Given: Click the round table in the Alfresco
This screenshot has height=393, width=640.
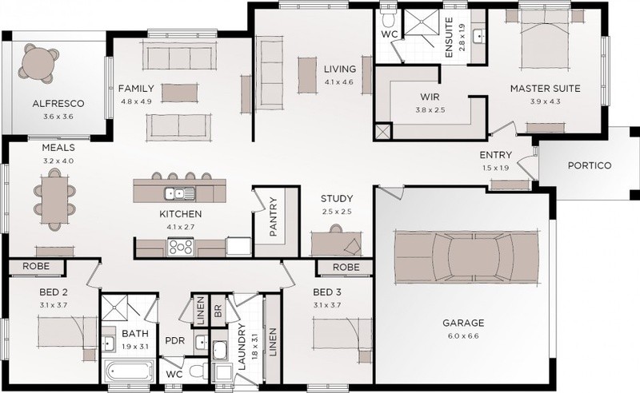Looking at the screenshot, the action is click(38, 63).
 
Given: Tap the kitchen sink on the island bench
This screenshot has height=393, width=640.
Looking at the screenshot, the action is click(180, 193).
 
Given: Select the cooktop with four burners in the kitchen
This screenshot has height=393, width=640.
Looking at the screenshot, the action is click(181, 247).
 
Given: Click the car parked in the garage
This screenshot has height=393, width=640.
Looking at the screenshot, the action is click(466, 257).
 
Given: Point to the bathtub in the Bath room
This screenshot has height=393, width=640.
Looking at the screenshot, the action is click(128, 371).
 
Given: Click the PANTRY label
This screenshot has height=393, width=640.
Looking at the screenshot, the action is click(273, 216).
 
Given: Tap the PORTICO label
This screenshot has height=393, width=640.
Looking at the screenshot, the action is click(590, 165).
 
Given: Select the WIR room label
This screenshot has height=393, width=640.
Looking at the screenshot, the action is click(430, 97).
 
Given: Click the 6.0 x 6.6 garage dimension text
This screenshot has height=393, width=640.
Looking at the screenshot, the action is click(463, 336).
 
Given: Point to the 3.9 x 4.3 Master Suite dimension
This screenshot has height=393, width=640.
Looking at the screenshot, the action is click(545, 101).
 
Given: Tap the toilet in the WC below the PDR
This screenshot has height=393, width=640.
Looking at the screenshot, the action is click(198, 371).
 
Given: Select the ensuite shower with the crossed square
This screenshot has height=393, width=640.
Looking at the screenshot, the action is click(422, 22).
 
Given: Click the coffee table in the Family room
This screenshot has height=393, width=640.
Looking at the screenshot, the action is click(179, 93).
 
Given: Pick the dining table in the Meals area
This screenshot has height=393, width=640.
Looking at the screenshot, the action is click(54, 200).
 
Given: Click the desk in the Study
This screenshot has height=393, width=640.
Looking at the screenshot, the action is click(336, 244).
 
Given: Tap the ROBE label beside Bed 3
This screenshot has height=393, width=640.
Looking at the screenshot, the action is click(346, 268).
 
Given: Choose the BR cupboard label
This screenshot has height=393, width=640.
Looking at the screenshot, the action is click(218, 310).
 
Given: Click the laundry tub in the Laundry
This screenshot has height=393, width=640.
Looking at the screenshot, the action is click(220, 351).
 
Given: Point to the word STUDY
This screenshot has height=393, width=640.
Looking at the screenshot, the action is click(337, 199).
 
